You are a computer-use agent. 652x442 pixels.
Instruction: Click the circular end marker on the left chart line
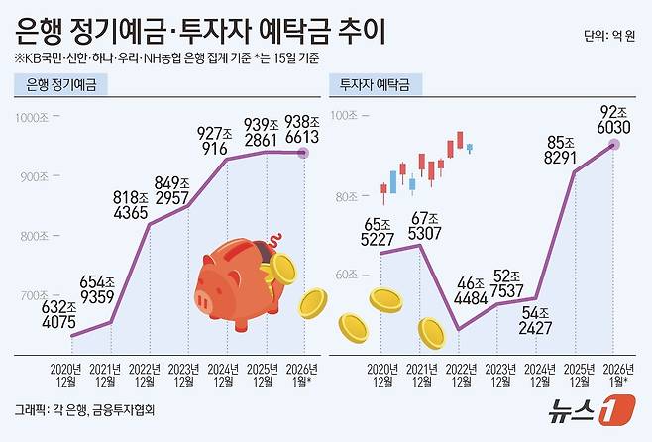coord(303,153)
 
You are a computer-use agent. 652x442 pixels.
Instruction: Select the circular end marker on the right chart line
coord(613,145)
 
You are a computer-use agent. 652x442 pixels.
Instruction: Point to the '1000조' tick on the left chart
coord(37,118)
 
